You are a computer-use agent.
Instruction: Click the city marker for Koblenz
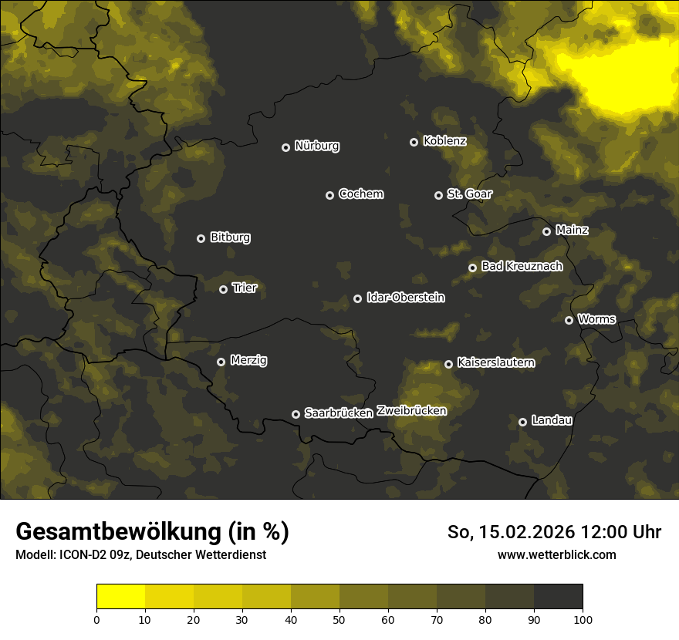click(414, 142)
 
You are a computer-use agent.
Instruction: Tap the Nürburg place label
click(316, 146)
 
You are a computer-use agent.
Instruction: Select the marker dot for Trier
click(223, 289)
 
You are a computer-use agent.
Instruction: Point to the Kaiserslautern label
click(495, 362)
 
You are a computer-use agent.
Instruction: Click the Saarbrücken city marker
click(296, 414)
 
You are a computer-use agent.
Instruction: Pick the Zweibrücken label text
click(411, 411)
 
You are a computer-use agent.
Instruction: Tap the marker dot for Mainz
click(546, 231)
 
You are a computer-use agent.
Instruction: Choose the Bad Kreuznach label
click(522, 266)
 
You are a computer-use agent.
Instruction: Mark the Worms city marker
click(569, 320)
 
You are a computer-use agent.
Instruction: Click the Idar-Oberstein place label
click(405, 298)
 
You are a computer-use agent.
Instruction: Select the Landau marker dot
click(522, 422)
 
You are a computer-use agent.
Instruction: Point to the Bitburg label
click(230, 237)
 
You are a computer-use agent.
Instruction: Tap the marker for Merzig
click(221, 362)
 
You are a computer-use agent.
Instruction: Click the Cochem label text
click(360, 194)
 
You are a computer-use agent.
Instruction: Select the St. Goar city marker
click(438, 195)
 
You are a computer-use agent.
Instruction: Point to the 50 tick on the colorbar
click(339, 618)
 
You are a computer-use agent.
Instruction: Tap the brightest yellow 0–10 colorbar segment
click(121, 597)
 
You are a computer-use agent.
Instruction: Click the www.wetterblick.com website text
click(556, 555)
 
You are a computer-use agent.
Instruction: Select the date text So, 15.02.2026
click(512, 532)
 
